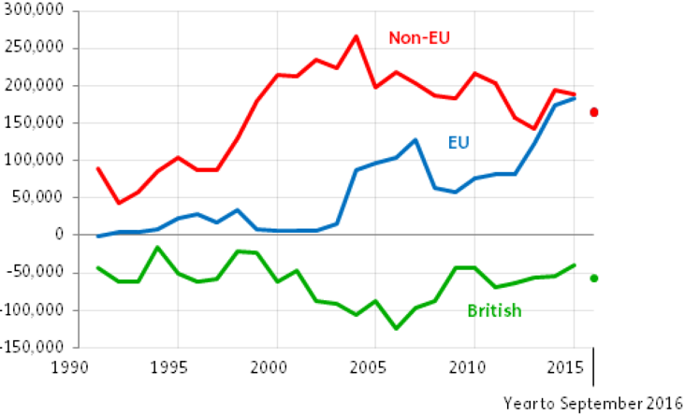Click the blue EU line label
pos(458,143)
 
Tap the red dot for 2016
pos(593,113)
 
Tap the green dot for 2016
pos(593,278)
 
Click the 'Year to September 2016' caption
pos(590,403)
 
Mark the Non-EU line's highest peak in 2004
pos(356,36)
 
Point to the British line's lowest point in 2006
pos(395,328)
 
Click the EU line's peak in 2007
pos(415,139)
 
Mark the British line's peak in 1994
pos(157,247)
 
